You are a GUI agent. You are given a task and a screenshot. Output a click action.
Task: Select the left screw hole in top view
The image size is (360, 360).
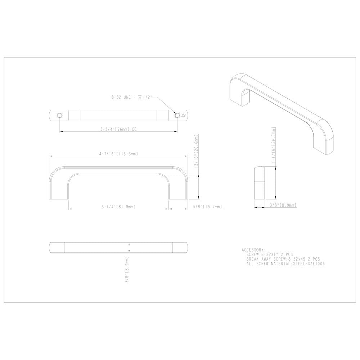(60, 115)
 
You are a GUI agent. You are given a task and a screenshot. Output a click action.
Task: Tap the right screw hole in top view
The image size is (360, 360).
(177, 115)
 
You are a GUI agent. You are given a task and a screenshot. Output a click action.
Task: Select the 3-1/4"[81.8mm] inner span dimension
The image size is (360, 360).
(118, 207)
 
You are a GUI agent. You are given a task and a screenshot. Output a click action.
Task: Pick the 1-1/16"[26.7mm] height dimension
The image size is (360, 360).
(274, 147)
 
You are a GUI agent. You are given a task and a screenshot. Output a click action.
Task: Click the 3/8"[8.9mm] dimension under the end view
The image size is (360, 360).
(283, 205)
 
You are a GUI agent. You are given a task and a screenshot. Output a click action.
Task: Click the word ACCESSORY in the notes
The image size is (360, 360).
(254, 249)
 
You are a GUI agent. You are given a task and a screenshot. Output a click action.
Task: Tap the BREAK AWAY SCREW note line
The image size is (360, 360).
(283, 259)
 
